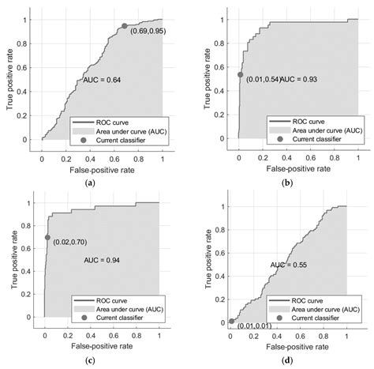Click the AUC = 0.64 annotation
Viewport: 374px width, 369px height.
tap(102, 80)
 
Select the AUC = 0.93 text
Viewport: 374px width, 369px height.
tap(299, 79)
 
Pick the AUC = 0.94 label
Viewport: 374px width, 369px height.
tap(102, 260)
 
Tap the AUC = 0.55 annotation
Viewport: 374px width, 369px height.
tap(289, 265)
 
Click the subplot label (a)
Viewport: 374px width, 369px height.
tap(90, 183)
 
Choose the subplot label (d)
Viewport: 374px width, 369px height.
tap(287, 360)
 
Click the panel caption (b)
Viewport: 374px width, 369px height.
tap(287, 183)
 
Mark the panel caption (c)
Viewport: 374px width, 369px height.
tap(90, 360)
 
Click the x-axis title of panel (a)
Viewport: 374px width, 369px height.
tap(102, 170)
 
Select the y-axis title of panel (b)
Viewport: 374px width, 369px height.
tap(208, 79)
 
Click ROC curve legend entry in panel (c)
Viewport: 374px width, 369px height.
tap(111, 300)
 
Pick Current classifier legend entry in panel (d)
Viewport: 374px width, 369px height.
tap(315, 318)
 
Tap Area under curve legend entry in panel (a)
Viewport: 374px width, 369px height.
tap(131, 131)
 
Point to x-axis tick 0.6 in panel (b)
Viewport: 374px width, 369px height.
tap(311, 158)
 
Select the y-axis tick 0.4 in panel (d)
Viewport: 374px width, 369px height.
tap(220, 277)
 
